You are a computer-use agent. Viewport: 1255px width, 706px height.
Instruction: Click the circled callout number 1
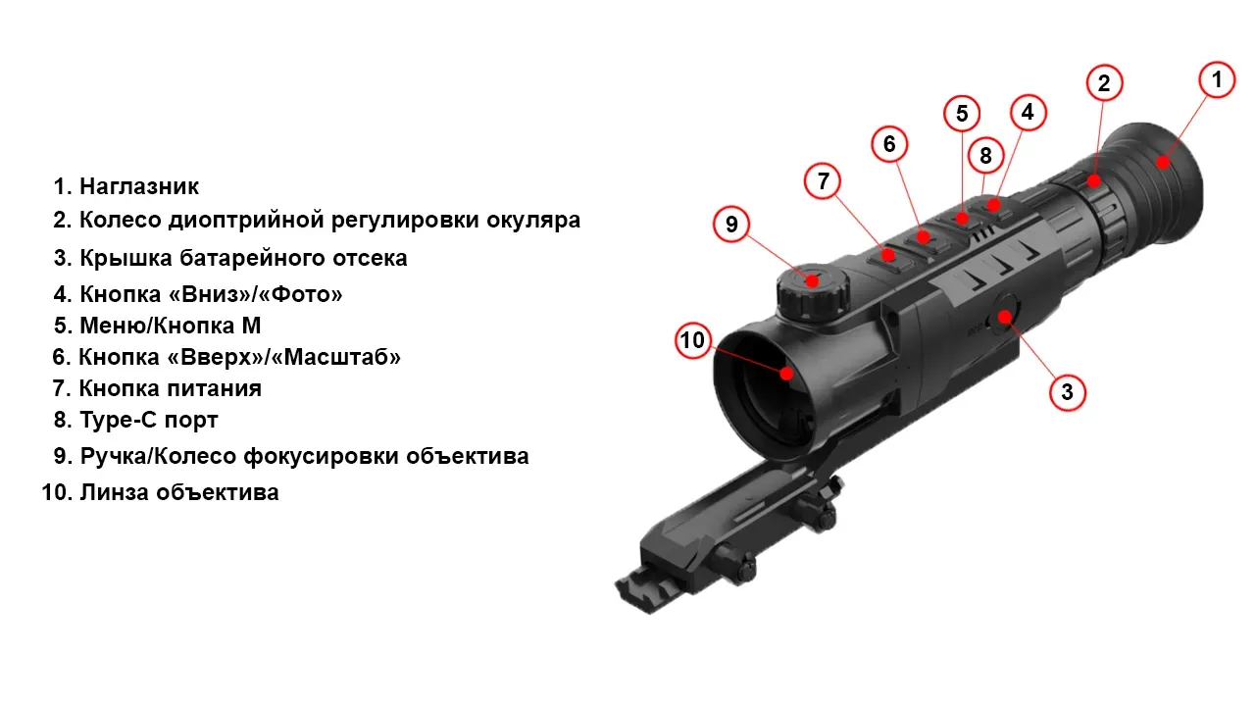(1217, 80)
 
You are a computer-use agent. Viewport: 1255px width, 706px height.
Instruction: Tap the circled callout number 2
(1104, 83)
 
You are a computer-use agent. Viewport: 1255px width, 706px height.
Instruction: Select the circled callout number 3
(1068, 392)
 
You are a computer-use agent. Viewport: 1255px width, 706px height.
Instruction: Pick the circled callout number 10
(693, 340)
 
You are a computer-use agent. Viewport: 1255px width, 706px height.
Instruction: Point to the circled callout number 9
(731, 225)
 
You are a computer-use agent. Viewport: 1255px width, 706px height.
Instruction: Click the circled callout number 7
(823, 181)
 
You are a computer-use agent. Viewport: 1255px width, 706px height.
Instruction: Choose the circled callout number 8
(985, 155)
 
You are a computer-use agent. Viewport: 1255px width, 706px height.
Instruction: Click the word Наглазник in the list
(139, 186)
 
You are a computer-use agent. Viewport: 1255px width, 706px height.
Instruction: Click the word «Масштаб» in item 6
(335, 357)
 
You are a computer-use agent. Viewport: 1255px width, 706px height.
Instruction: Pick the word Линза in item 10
(113, 492)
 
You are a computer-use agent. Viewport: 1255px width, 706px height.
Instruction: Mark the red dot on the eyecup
(1163, 163)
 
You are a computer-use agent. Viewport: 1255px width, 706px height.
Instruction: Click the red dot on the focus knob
(812, 279)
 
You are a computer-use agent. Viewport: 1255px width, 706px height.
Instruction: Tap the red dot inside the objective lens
(786, 374)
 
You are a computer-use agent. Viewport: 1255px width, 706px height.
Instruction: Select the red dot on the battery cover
(1005, 318)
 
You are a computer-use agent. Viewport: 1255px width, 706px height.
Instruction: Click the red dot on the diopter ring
(1093, 181)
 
